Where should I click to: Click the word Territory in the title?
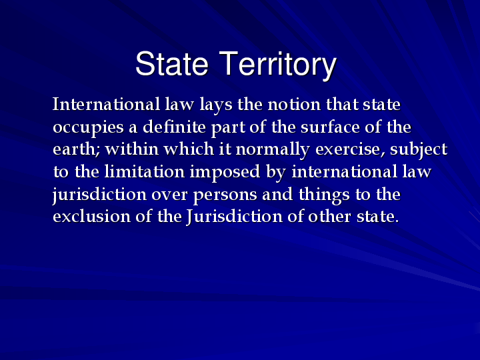pyautogui.click(x=278, y=65)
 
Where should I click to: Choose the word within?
pyautogui.click(x=129, y=149)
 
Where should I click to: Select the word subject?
pyautogui.click(x=419, y=149)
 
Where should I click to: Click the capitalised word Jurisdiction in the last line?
pyautogui.click(x=226, y=217)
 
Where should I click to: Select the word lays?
pyautogui.click(x=207, y=105)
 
